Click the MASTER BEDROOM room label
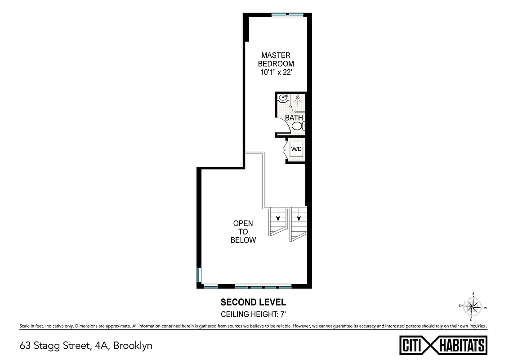pyautogui.click(x=276, y=59)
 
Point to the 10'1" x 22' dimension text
pyautogui.click(x=276, y=72)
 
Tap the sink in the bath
pyautogui.click(x=282, y=98)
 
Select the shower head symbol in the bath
pyautogui.click(x=297, y=97)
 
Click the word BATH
pyautogui.click(x=294, y=118)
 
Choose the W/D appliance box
pyautogui.click(x=296, y=149)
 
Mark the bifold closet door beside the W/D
pyautogui.click(x=286, y=149)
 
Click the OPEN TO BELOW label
pyautogui.click(x=243, y=232)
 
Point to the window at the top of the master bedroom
pyautogui.click(x=287, y=15)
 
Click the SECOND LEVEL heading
pyautogui.click(x=253, y=302)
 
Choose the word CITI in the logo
pyautogui.click(x=411, y=346)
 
